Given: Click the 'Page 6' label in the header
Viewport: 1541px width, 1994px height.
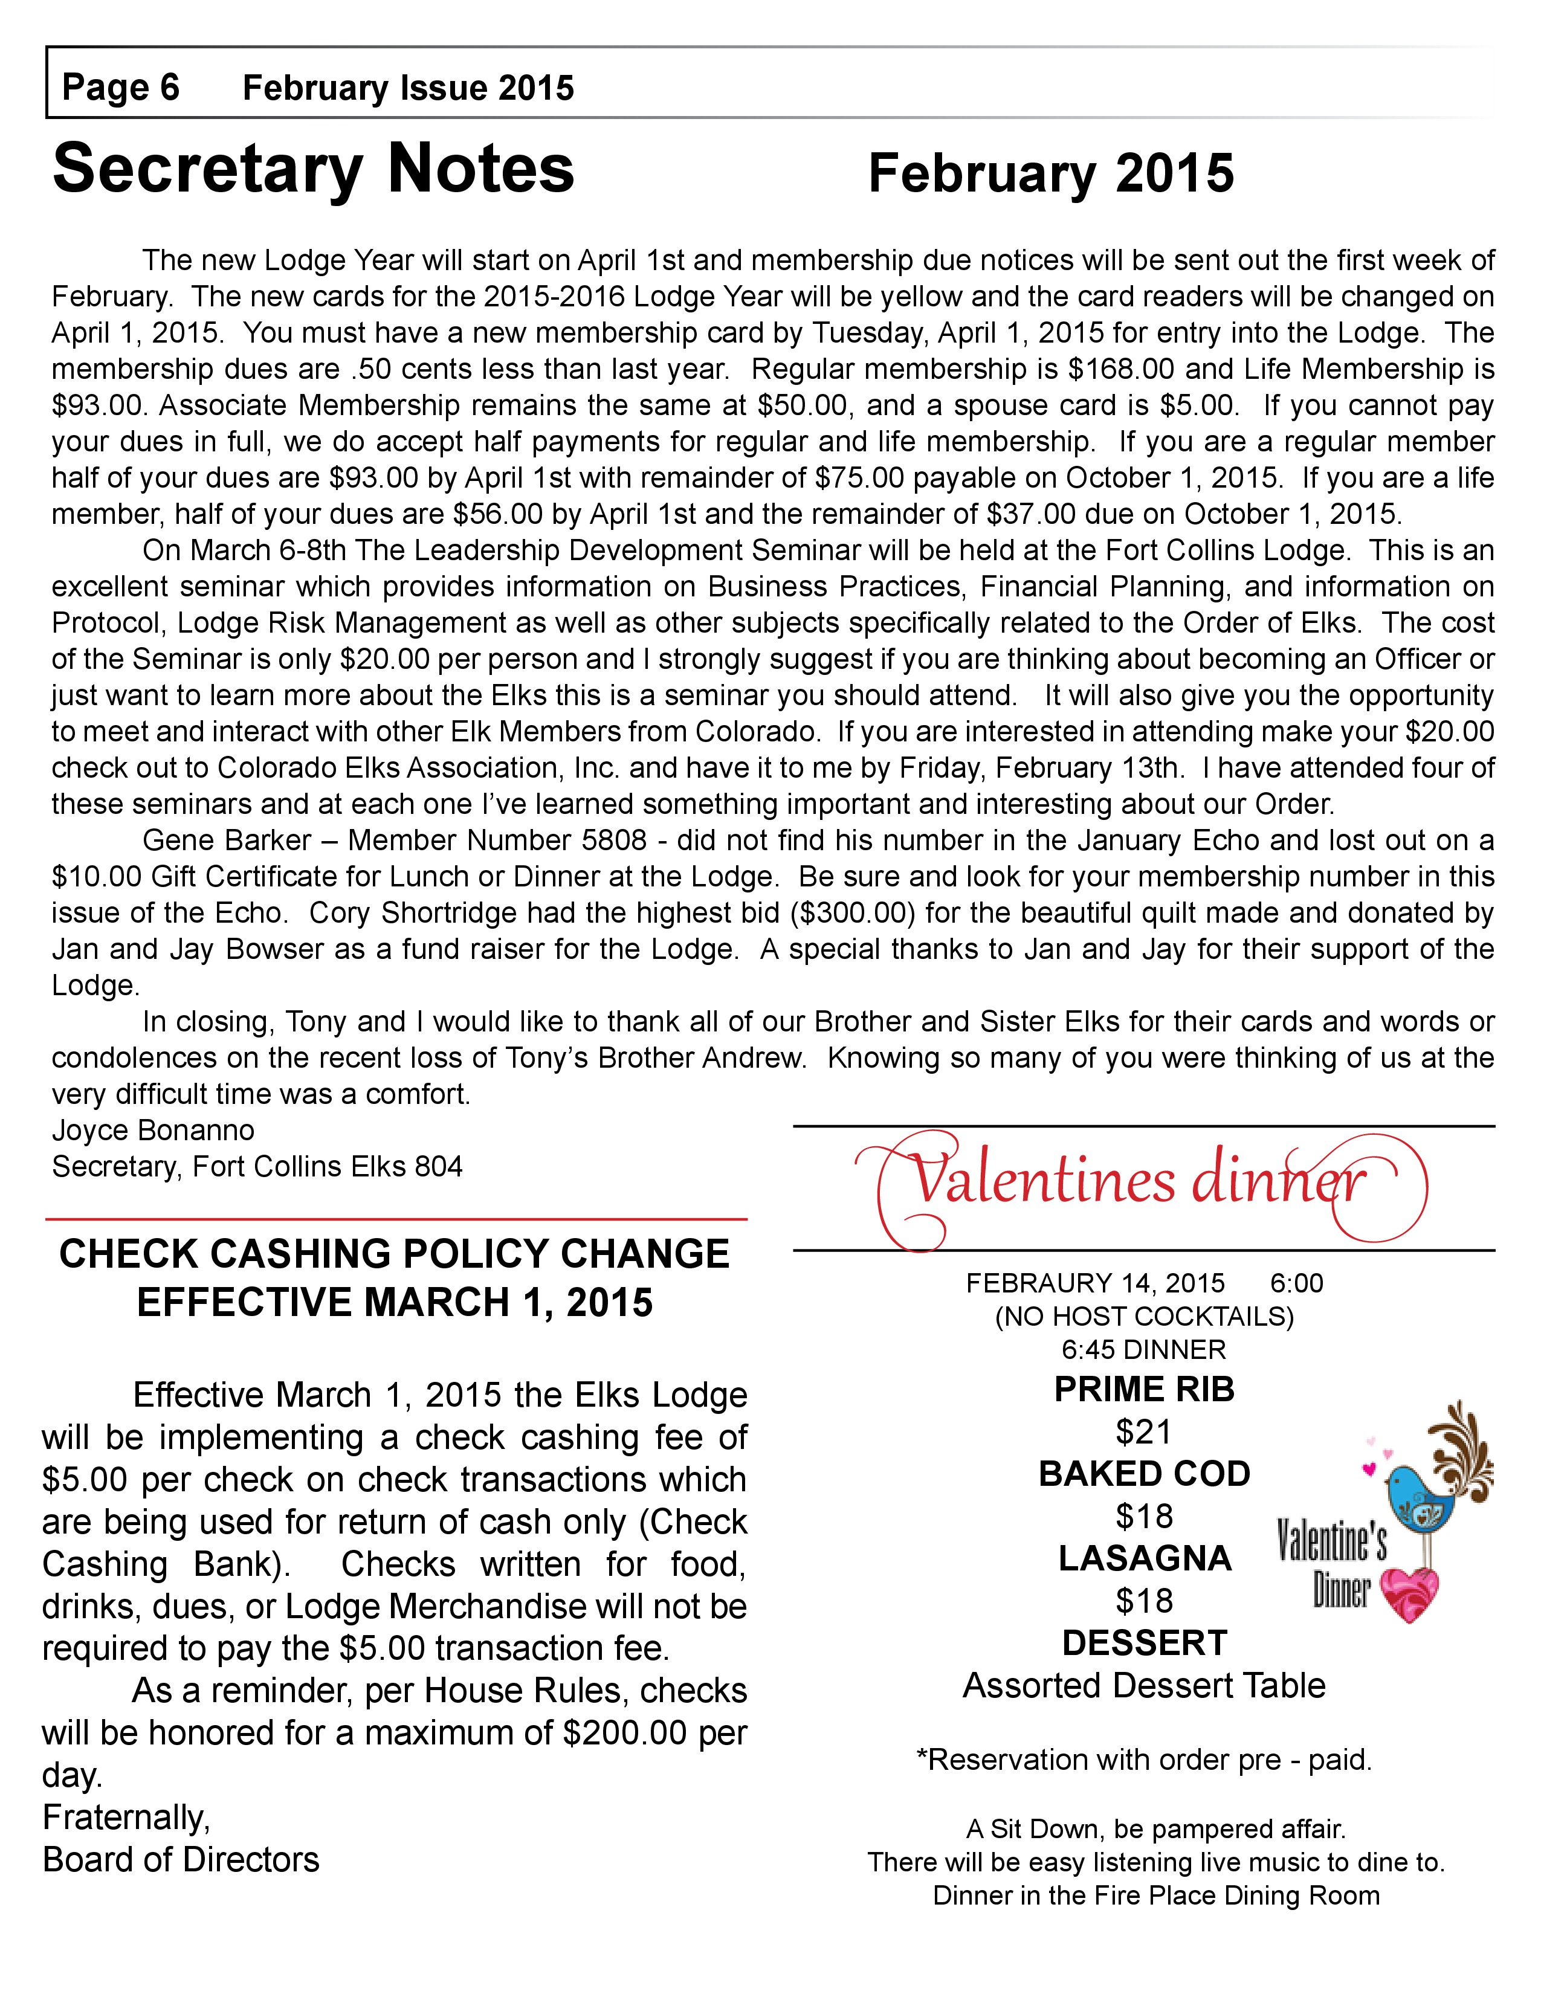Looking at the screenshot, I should tap(120, 88).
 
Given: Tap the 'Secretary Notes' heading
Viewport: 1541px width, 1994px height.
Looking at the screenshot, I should tap(313, 170).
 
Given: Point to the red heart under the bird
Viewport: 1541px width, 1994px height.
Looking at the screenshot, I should tap(1411, 1594).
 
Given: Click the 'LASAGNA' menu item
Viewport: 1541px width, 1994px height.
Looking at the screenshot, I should tap(1145, 1558).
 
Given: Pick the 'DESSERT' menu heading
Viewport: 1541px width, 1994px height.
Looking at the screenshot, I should tap(1144, 1642).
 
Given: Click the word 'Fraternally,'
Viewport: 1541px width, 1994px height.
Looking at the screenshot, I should tap(126, 1817).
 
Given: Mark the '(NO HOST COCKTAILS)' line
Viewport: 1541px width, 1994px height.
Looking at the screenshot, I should tap(1144, 1315).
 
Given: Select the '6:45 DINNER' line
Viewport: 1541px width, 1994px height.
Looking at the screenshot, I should tap(1144, 1349).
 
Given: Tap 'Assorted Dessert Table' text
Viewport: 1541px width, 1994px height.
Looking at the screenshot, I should tap(1144, 1685).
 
